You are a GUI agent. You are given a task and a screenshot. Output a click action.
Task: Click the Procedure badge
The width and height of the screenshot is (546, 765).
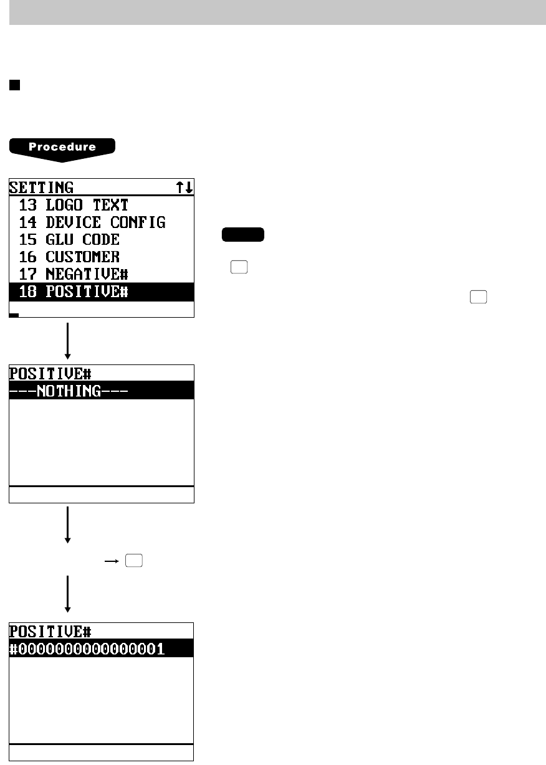tap(62, 148)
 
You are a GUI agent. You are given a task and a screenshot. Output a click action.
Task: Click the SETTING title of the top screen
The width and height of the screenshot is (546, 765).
tap(42, 187)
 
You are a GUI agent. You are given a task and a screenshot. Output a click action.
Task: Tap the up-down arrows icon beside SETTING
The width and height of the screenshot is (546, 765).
tap(185, 187)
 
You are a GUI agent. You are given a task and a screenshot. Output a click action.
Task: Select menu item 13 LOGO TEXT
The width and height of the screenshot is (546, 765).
tap(74, 205)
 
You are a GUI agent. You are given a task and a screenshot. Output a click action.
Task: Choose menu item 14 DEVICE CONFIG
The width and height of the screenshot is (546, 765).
tap(92, 222)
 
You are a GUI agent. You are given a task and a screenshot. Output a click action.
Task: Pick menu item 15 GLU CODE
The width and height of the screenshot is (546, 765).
tap(69, 240)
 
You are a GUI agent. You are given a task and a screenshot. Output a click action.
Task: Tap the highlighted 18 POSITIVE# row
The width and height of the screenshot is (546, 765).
tap(102, 292)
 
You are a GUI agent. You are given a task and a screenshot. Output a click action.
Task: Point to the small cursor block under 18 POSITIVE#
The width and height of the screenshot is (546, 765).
tap(14, 315)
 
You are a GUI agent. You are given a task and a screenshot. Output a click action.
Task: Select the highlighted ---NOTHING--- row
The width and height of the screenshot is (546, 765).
tap(102, 391)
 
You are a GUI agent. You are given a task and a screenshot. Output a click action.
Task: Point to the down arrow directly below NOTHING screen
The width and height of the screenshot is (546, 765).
tap(67, 525)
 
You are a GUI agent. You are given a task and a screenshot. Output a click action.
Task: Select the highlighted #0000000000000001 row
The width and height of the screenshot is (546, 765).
tap(102, 649)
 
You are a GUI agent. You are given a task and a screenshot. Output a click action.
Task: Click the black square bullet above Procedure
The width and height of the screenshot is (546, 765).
tap(14, 86)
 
